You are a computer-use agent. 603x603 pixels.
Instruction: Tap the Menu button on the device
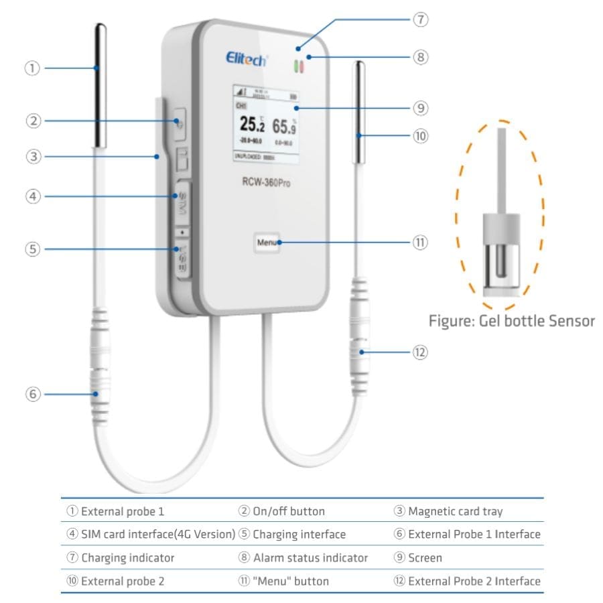click(266, 242)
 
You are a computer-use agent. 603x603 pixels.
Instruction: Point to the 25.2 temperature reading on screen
click(247, 124)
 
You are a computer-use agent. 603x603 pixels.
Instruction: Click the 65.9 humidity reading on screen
click(284, 125)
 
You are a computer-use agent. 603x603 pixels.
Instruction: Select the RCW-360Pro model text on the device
click(266, 182)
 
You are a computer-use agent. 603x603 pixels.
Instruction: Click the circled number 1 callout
click(32, 68)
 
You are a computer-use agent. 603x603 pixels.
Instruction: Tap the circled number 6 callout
click(32, 395)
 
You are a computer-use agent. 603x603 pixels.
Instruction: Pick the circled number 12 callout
click(420, 352)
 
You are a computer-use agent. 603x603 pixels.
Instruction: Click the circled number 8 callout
click(420, 57)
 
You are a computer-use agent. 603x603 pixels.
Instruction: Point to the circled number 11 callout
click(420, 243)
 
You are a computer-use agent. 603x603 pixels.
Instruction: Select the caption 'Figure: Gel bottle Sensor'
click(511, 321)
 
